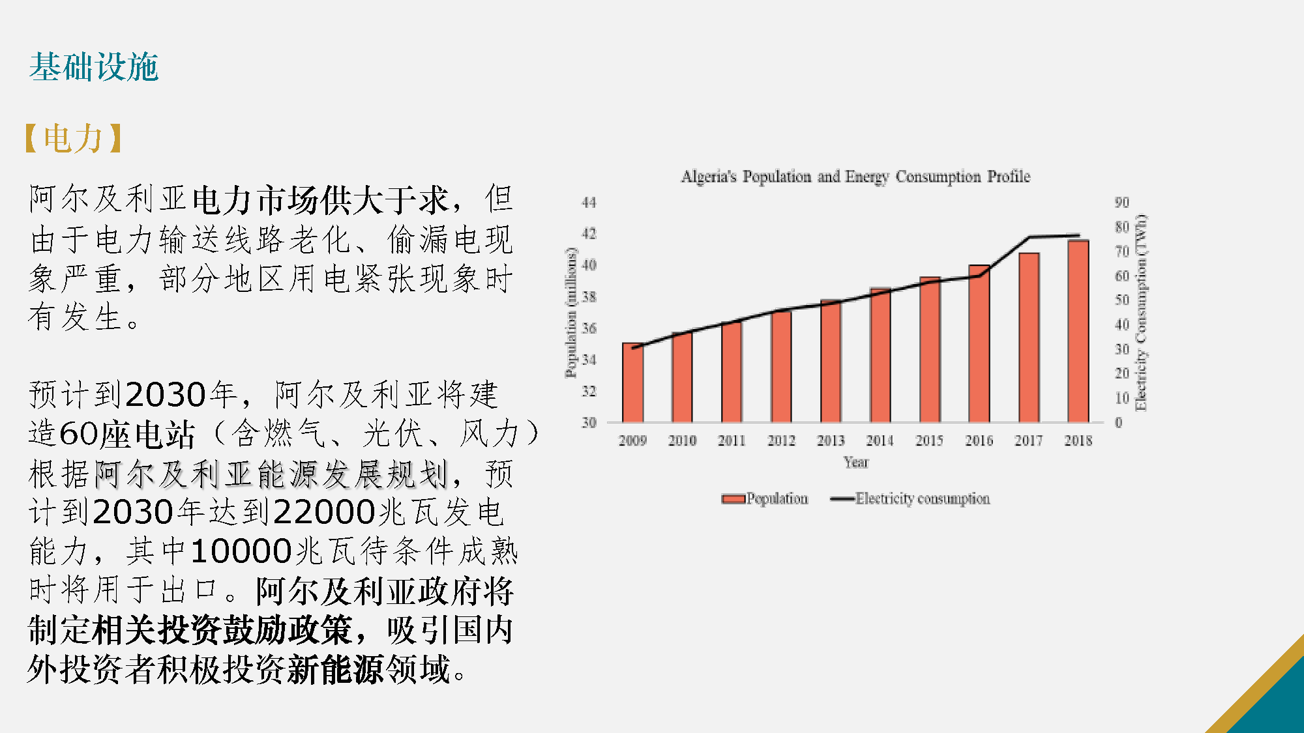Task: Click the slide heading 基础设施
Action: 93,67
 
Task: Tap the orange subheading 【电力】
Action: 73,139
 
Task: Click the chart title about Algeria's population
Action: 855,177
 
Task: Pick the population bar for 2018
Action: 1078,332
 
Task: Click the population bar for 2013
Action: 831,362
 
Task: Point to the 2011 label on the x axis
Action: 732,441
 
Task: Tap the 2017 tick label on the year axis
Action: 1028,441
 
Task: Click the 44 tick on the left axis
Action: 589,203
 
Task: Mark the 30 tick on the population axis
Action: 589,423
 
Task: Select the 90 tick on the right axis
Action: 1121,203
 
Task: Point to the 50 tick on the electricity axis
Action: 1121,300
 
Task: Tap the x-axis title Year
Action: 855,463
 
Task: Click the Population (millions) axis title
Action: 571,313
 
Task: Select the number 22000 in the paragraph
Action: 324,512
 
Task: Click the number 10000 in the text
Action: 241,551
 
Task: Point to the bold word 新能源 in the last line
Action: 336,669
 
